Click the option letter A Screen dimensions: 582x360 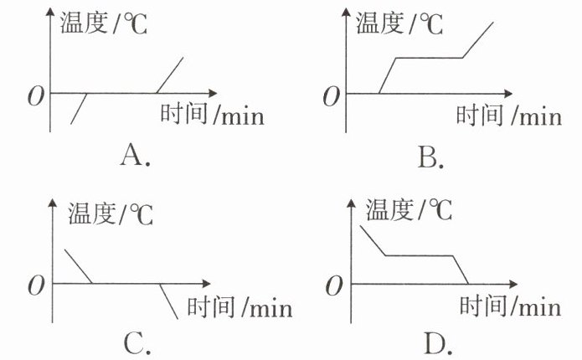click(x=131, y=155)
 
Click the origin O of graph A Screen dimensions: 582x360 click(x=36, y=96)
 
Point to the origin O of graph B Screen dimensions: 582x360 click(x=332, y=96)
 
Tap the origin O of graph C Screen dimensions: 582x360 click(x=36, y=286)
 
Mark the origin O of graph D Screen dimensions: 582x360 click(x=334, y=286)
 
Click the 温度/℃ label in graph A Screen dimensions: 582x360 click(x=104, y=23)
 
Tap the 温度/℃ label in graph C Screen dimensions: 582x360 click(x=111, y=214)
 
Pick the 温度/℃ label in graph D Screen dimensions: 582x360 click(x=409, y=209)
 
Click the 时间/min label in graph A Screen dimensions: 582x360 click(x=213, y=114)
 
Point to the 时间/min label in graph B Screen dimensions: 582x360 click(x=509, y=115)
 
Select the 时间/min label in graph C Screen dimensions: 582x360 click(x=239, y=306)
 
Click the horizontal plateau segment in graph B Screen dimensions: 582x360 click(x=430, y=58)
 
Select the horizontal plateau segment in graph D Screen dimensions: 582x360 click(x=420, y=255)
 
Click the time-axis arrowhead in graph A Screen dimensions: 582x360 click(x=213, y=93)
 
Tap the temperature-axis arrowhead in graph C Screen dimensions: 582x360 click(x=52, y=203)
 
